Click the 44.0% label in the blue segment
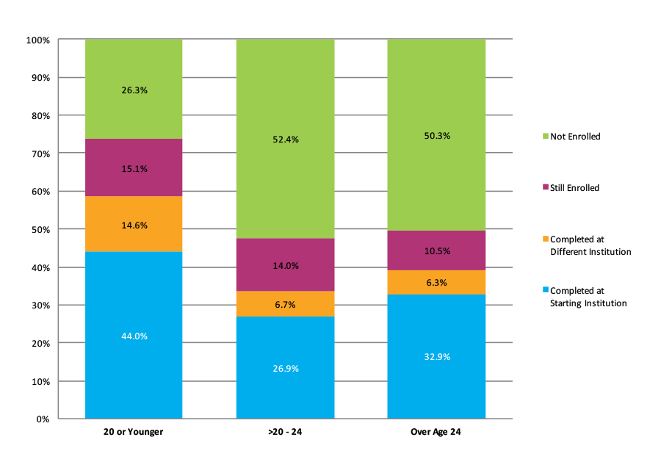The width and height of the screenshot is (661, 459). (134, 336)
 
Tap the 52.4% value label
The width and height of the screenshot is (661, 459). (285, 140)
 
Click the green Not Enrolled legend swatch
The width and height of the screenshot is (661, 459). (544, 137)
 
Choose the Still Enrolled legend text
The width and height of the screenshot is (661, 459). (575, 188)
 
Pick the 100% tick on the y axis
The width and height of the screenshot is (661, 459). (37, 40)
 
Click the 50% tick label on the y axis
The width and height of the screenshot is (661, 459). (39, 230)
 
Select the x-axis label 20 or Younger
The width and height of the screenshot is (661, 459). (133, 432)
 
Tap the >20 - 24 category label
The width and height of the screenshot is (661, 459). (285, 432)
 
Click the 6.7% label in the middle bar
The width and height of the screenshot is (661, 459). (285, 304)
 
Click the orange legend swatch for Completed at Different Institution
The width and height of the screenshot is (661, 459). (544, 239)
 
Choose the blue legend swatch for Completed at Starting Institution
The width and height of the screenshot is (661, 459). (544, 291)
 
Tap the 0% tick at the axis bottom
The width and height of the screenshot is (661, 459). (42, 419)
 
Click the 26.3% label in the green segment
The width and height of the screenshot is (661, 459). (134, 90)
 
